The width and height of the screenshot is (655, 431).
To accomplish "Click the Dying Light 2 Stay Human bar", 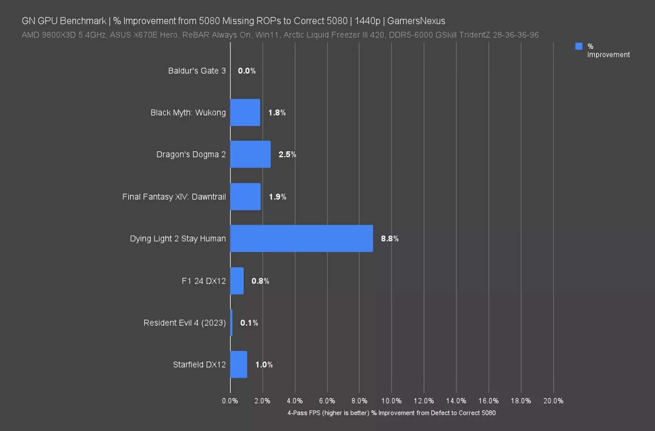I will click(x=301, y=238).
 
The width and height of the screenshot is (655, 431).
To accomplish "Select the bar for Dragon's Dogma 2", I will click(x=250, y=154).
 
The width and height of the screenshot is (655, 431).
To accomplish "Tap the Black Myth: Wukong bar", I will click(x=245, y=113).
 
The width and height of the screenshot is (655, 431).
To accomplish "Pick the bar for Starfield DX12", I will click(x=238, y=364).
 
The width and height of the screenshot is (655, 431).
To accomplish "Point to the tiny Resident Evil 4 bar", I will click(x=231, y=323).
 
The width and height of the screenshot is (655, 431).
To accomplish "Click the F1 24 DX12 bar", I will click(x=237, y=281).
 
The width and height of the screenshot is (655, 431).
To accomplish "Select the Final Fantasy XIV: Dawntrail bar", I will click(x=245, y=196).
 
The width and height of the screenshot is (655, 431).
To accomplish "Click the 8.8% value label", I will click(x=390, y=238).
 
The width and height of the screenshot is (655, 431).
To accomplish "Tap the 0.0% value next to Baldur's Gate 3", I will click(x=247, y=71).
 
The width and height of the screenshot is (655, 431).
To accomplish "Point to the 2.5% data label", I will click(x=287, y=154).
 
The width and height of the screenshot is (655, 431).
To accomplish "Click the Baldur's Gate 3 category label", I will click(x=197, y=71).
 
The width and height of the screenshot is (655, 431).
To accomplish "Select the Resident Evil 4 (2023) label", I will click(x=184, y=323).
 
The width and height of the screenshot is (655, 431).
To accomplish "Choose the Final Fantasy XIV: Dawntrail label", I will click(x=174, y=197).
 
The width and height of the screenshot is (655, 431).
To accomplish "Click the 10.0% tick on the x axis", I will click(x=391, y=401).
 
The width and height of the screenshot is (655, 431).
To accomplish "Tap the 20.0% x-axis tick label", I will click(x=553, y=401).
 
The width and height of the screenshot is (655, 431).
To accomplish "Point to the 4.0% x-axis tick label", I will click(x=294, y=401).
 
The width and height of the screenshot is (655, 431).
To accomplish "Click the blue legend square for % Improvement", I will click(x=579, y=46).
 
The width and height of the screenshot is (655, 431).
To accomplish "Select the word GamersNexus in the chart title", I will click(x=416, y=21).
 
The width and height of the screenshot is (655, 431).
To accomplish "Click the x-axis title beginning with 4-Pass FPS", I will click(x=391, y=413).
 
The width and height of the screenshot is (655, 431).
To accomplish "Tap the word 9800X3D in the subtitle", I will click(x=58, y=35).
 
